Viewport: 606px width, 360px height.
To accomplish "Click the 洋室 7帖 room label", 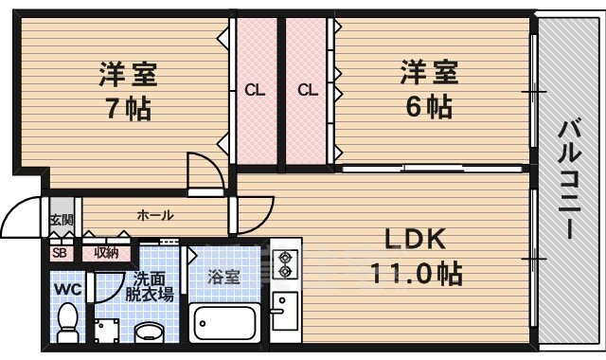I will (125, 90).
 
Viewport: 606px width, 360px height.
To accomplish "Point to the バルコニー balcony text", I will (568, 180).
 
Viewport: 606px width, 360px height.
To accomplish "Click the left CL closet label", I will (254, 91).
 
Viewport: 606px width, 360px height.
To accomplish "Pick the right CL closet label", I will (307, 91).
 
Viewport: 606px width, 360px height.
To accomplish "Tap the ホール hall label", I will (154, 215).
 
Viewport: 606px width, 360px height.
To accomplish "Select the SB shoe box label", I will (59, 253).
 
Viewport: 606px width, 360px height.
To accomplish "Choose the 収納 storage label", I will (106, 252).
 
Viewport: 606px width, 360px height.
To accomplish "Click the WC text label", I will (66, 287).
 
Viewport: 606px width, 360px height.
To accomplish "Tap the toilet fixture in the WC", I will (68, 322).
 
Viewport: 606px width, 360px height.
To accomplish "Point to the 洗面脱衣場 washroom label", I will (152, 286).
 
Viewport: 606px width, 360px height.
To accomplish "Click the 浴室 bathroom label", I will (224, 278).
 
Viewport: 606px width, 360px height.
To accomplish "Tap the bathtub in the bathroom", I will (225, 324).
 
